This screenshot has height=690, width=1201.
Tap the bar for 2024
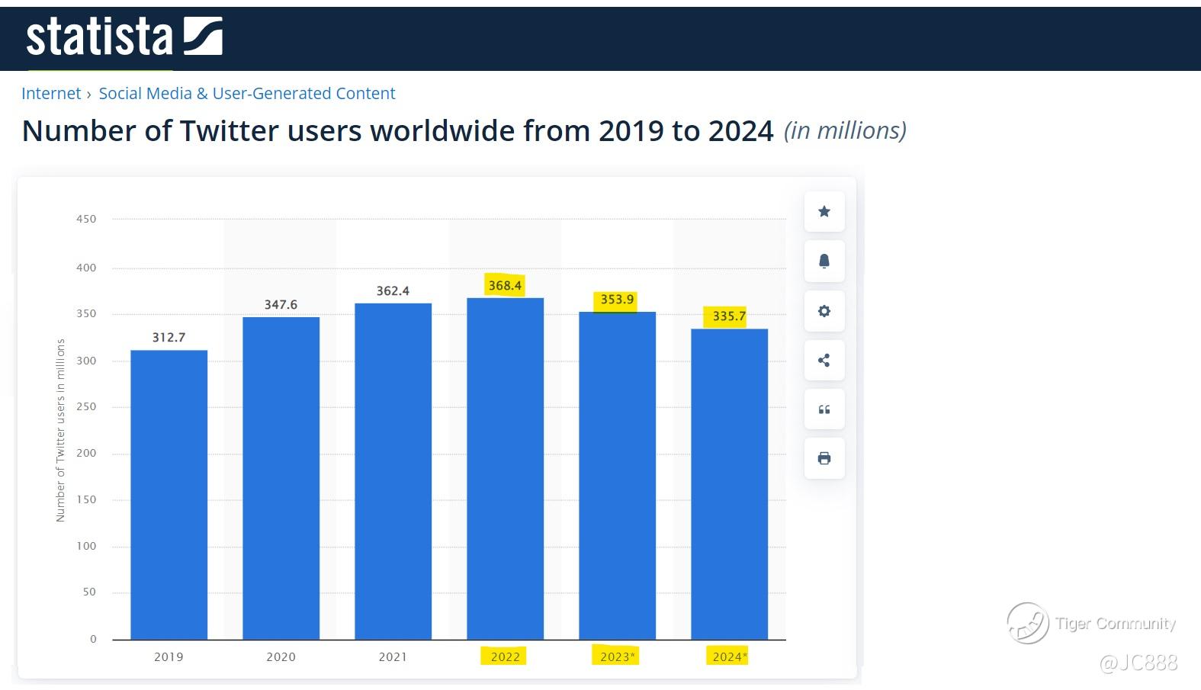click(729, 483)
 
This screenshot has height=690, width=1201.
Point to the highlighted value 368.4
click(505, 285)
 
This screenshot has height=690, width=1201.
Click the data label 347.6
click(281, 304)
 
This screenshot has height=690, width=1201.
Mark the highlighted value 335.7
click(729, 316)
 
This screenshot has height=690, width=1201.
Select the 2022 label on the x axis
click(505, 656)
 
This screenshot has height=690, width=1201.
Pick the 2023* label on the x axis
click(617, 656)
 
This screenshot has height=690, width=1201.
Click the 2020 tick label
click(281, 656)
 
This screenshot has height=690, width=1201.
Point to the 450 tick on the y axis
click(86, 219)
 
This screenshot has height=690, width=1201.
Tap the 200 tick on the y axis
click(86, 453)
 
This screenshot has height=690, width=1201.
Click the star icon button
click(824, 211)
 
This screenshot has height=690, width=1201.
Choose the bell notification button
click(824, 261)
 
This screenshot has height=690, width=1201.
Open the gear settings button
click(824, 311)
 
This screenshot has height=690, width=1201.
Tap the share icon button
click(824, 361)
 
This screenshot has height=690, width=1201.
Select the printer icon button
click(824, 458)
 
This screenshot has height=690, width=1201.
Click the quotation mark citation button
click(824, 409)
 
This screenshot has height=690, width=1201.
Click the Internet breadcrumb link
click(51, 93)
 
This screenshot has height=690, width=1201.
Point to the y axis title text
click(61, 430)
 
